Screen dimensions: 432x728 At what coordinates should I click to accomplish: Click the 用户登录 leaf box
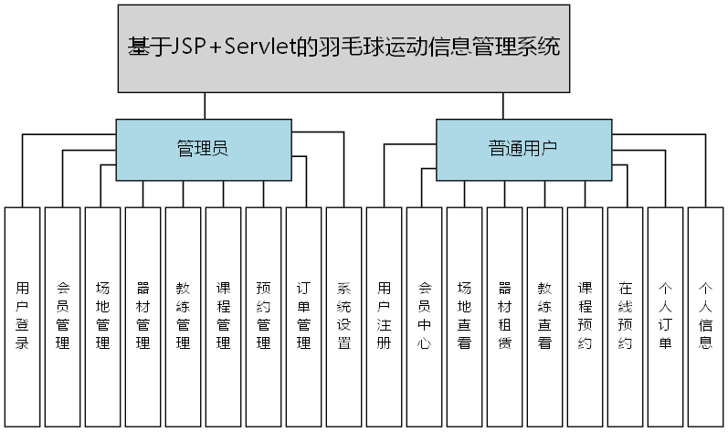[23, 316]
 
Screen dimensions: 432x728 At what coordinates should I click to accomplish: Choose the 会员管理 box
[63, 316]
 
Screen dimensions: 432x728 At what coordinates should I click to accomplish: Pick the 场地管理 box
[103, 316]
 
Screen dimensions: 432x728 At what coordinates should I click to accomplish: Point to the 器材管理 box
[143, 316]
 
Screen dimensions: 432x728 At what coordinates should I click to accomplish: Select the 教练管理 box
[184, 316]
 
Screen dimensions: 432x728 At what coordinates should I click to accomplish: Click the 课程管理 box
[224, 316]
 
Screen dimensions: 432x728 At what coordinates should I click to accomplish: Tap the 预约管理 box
[264, 316]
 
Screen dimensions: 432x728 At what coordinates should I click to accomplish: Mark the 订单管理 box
[304, 316]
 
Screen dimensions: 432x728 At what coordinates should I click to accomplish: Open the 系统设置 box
[344, 316]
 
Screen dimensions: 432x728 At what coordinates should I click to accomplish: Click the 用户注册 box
[385, 316]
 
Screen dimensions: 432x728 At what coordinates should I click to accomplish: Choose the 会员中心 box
[425, 316]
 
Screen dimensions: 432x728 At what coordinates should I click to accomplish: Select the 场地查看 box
[465, 316]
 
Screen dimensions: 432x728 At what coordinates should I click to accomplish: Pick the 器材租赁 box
[505, 316]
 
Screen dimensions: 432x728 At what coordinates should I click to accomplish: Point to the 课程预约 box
[586, 316]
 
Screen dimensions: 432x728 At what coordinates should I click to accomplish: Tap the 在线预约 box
[626, 316]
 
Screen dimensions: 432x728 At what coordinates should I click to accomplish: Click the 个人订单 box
[666, 316]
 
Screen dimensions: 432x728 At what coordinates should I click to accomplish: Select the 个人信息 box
[706, 316]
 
